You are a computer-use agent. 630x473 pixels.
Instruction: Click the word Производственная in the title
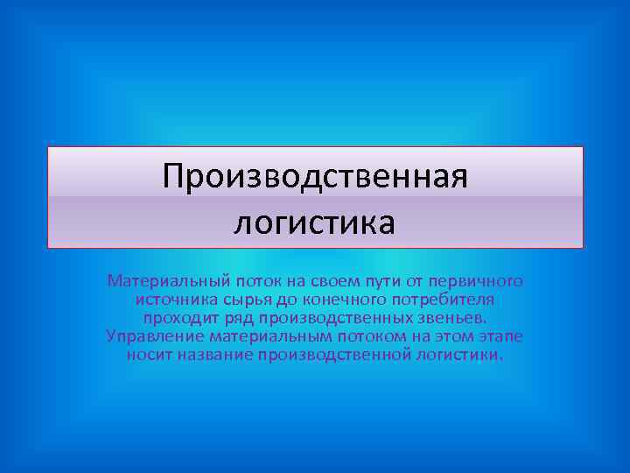tap(315, 177)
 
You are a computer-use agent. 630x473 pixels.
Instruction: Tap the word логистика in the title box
tap(315, 222)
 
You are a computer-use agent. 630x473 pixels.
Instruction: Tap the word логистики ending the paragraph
tap(462, 355)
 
